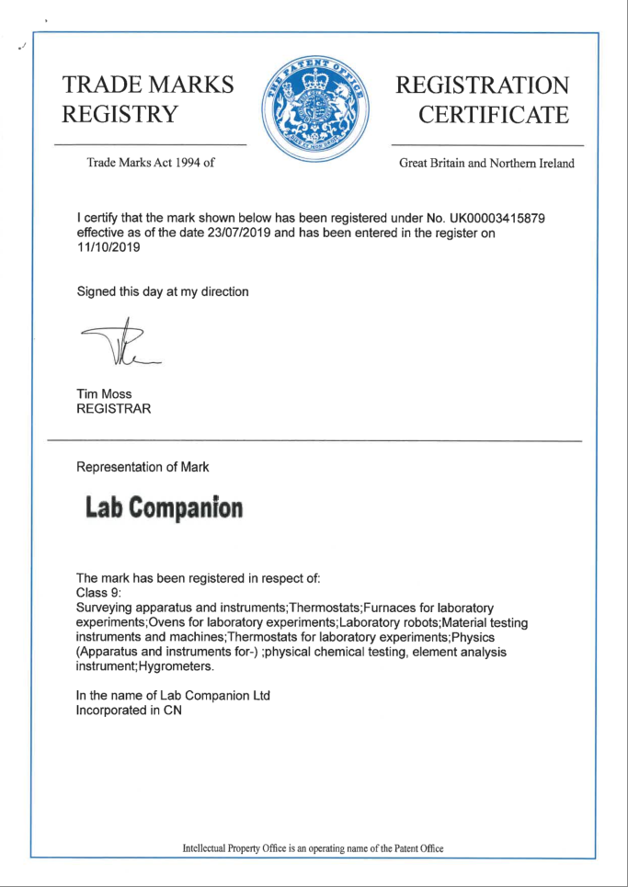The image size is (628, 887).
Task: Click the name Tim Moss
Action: tap(104, 393)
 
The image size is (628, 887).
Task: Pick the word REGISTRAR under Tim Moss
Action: tap(114, 409)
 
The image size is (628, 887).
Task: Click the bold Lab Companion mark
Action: tap(164, 506)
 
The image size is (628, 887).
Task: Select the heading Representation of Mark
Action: tap(143, 467)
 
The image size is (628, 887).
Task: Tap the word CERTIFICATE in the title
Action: tap(493, 116)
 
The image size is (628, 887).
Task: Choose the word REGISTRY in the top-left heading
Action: tap(118, 116)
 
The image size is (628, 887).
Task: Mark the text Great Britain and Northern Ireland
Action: tap(486, 164)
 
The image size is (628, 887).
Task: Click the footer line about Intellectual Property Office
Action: tap(314, 848)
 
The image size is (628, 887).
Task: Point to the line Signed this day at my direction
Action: tap(163, 291)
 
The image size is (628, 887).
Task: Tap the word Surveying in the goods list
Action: tap(106, 608)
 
